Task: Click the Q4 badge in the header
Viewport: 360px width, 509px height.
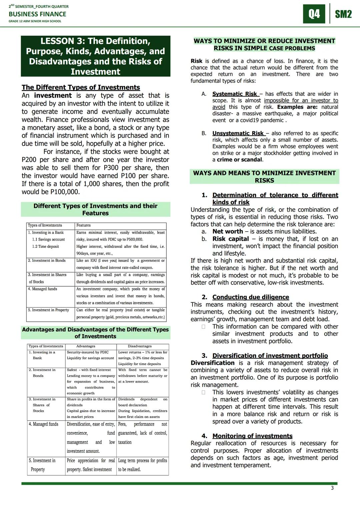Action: click(x=314, y=14)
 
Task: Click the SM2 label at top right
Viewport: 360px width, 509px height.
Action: click(x=343, y=14)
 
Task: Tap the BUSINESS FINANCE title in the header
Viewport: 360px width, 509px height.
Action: click(x=37, y=14)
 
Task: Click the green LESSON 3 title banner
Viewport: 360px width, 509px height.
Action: click(x=95, y=56)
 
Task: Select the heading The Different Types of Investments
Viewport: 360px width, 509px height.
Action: click(x=81, y=87)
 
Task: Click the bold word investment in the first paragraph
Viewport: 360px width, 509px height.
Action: click(x=53, y=96)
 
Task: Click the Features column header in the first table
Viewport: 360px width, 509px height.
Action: click(x=83, y=225)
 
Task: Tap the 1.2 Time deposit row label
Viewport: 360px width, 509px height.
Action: click(x=45, y=247)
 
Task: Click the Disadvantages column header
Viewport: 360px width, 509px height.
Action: click(x=140, y=346)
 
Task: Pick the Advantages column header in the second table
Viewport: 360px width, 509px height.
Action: click(x=86, y=346)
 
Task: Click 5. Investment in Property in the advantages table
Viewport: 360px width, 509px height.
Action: click(x=42, y=465)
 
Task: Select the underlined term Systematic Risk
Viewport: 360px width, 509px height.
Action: click(x=235, y=94)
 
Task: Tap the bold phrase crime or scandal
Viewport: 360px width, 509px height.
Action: click(x=239, y=160)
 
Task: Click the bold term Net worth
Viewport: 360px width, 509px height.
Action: click(x=227, y=231)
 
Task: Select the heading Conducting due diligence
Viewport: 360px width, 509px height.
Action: click(x=250, y=297)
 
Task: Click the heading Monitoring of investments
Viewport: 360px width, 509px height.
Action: click(x=252, y=436)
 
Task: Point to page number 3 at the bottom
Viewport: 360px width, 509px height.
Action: click(x=332, y=488)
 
